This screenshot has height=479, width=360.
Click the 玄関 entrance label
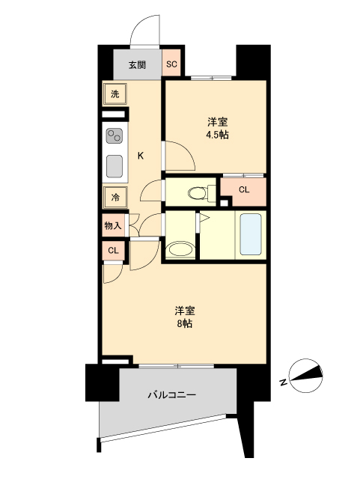(136, 64)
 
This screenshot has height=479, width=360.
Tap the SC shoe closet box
(171, 64)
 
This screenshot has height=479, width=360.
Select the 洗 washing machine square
(115, 94)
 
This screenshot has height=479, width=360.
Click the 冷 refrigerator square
(115, 198)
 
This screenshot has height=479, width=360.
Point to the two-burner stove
(115, 136)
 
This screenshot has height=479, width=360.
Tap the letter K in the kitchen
(140, 156)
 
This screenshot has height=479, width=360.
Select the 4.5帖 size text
(218, 135)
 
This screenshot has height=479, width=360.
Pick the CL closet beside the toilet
(244, 190)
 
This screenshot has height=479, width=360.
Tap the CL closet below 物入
(112, 251)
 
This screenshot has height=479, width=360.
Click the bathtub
(250, 235)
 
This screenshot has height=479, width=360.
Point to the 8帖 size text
(185, 324)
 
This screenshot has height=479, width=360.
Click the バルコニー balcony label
(171, 394)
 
